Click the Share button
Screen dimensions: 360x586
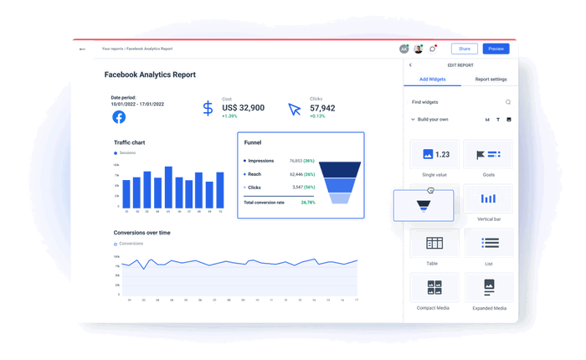click(x=464, y=49)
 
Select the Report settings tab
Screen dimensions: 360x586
click(x=491, y=80)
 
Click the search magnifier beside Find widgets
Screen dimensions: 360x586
click(x=508, y=102)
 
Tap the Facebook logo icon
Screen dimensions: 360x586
click(x=119, y=117)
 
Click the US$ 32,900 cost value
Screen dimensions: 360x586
click(x=244, y=108)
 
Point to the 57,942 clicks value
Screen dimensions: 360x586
click(x=322, y=108)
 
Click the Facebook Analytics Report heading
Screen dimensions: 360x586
click(x=150, y=75)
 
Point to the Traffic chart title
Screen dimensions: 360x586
click(x=130, y=142)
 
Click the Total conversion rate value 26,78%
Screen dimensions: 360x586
click(x=307, y=202)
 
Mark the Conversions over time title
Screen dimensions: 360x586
click(x=142, y=233)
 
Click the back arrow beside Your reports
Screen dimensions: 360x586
click(x=82, y=49)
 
